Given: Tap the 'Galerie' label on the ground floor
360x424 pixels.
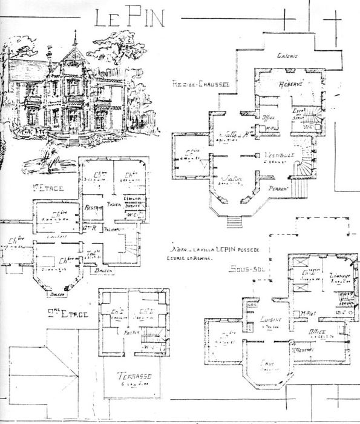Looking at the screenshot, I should (289, 56).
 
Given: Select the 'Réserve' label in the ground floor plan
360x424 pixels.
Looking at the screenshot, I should (289, 83).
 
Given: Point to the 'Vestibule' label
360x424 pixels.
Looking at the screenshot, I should (278, 155).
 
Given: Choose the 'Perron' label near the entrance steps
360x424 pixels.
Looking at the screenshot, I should (277, 188).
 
